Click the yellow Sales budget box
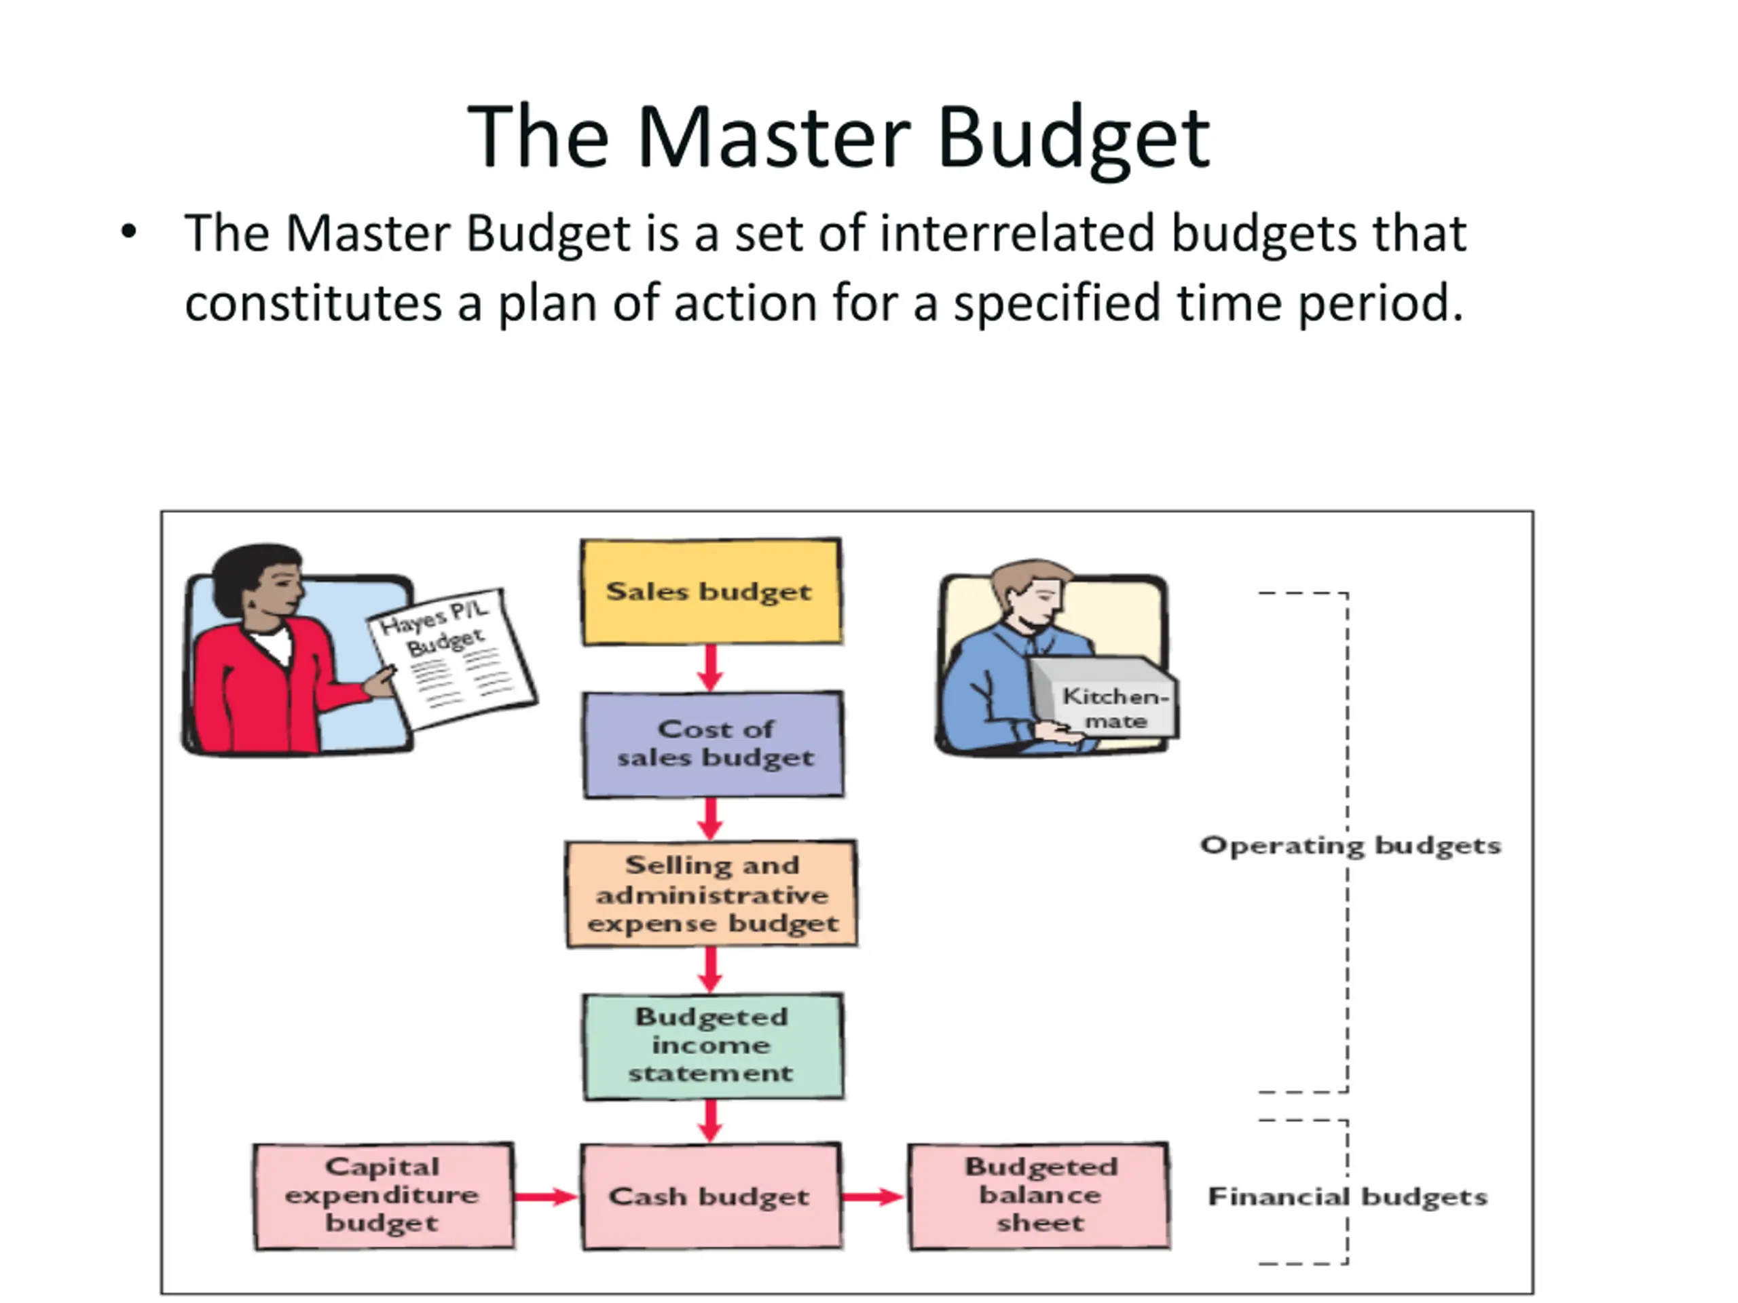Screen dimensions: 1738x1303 pos(711,591)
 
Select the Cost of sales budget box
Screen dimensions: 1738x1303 pos(714,744)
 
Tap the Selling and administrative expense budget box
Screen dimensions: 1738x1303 pos(711,894)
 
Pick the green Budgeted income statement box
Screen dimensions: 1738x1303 pos(713,1045)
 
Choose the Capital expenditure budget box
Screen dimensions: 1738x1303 pos(384,1195)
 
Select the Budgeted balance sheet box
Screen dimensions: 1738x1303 pos(1039,1195)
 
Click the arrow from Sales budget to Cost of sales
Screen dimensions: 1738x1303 pos(710,668)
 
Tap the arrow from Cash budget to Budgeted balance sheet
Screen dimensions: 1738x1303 pos(873,1196)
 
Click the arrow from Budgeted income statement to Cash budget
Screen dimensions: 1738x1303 pos(710,1120)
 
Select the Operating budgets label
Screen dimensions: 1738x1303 pos(1350,845)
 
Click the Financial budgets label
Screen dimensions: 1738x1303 pos(1347,1196)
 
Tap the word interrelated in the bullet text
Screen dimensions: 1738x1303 pos(1018,233)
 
